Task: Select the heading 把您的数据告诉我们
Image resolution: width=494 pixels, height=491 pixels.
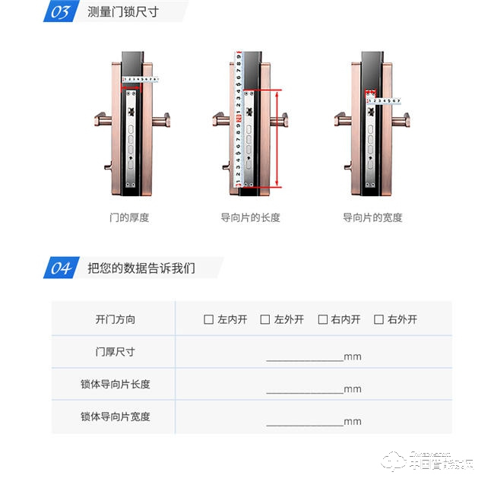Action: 141,268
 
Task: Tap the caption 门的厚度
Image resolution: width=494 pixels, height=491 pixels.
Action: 129,217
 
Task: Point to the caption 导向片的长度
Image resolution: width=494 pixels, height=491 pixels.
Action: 250,217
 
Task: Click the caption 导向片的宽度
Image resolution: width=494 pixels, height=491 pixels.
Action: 372,217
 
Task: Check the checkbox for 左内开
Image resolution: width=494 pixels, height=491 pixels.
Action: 209,320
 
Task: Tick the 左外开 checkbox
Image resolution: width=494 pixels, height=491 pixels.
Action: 265,320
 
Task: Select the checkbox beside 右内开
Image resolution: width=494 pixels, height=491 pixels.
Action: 322,320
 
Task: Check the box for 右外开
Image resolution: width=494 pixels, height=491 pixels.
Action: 378,320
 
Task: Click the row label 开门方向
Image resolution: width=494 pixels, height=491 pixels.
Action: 115,320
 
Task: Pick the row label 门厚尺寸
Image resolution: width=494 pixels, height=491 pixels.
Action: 115,353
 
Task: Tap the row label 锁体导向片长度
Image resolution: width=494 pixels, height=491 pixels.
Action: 115,385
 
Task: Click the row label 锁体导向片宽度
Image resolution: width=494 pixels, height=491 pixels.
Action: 115,417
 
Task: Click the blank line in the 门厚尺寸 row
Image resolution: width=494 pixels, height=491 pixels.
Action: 304,359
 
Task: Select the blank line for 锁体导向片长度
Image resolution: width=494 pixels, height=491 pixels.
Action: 304,391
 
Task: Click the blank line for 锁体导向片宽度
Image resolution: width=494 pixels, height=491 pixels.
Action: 304,423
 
